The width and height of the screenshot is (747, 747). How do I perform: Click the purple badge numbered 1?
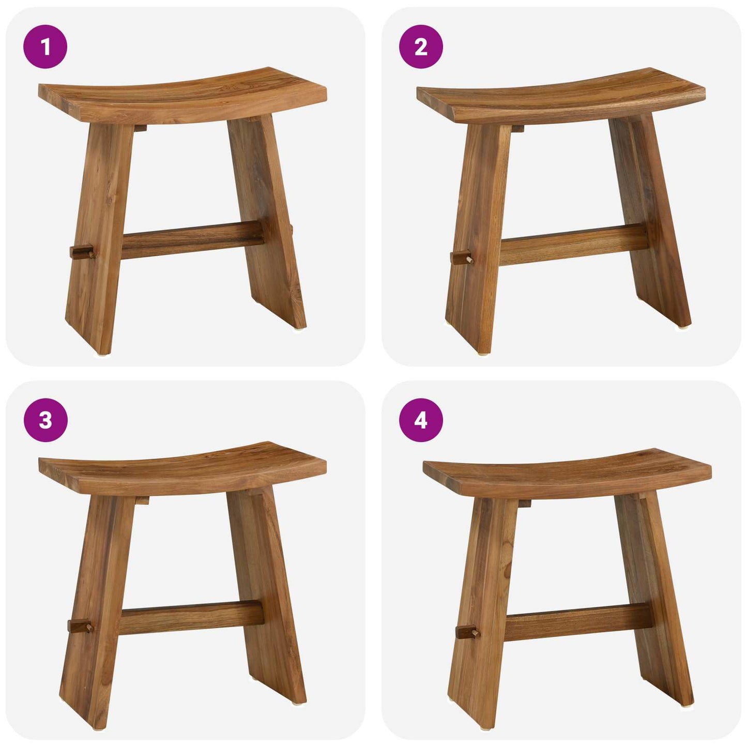point(45,47)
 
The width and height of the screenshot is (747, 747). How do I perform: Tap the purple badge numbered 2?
point(421,47)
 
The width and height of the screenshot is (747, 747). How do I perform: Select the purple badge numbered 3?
point(45,420)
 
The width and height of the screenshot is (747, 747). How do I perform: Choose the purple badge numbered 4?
point(421,420)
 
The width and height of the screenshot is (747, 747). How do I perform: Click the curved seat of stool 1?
point(181,96)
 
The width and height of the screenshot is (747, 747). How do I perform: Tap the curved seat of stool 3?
point(181,468)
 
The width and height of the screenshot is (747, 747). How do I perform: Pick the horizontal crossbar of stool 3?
point(191,617)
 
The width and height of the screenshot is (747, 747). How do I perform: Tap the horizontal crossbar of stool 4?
point(576,622)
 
